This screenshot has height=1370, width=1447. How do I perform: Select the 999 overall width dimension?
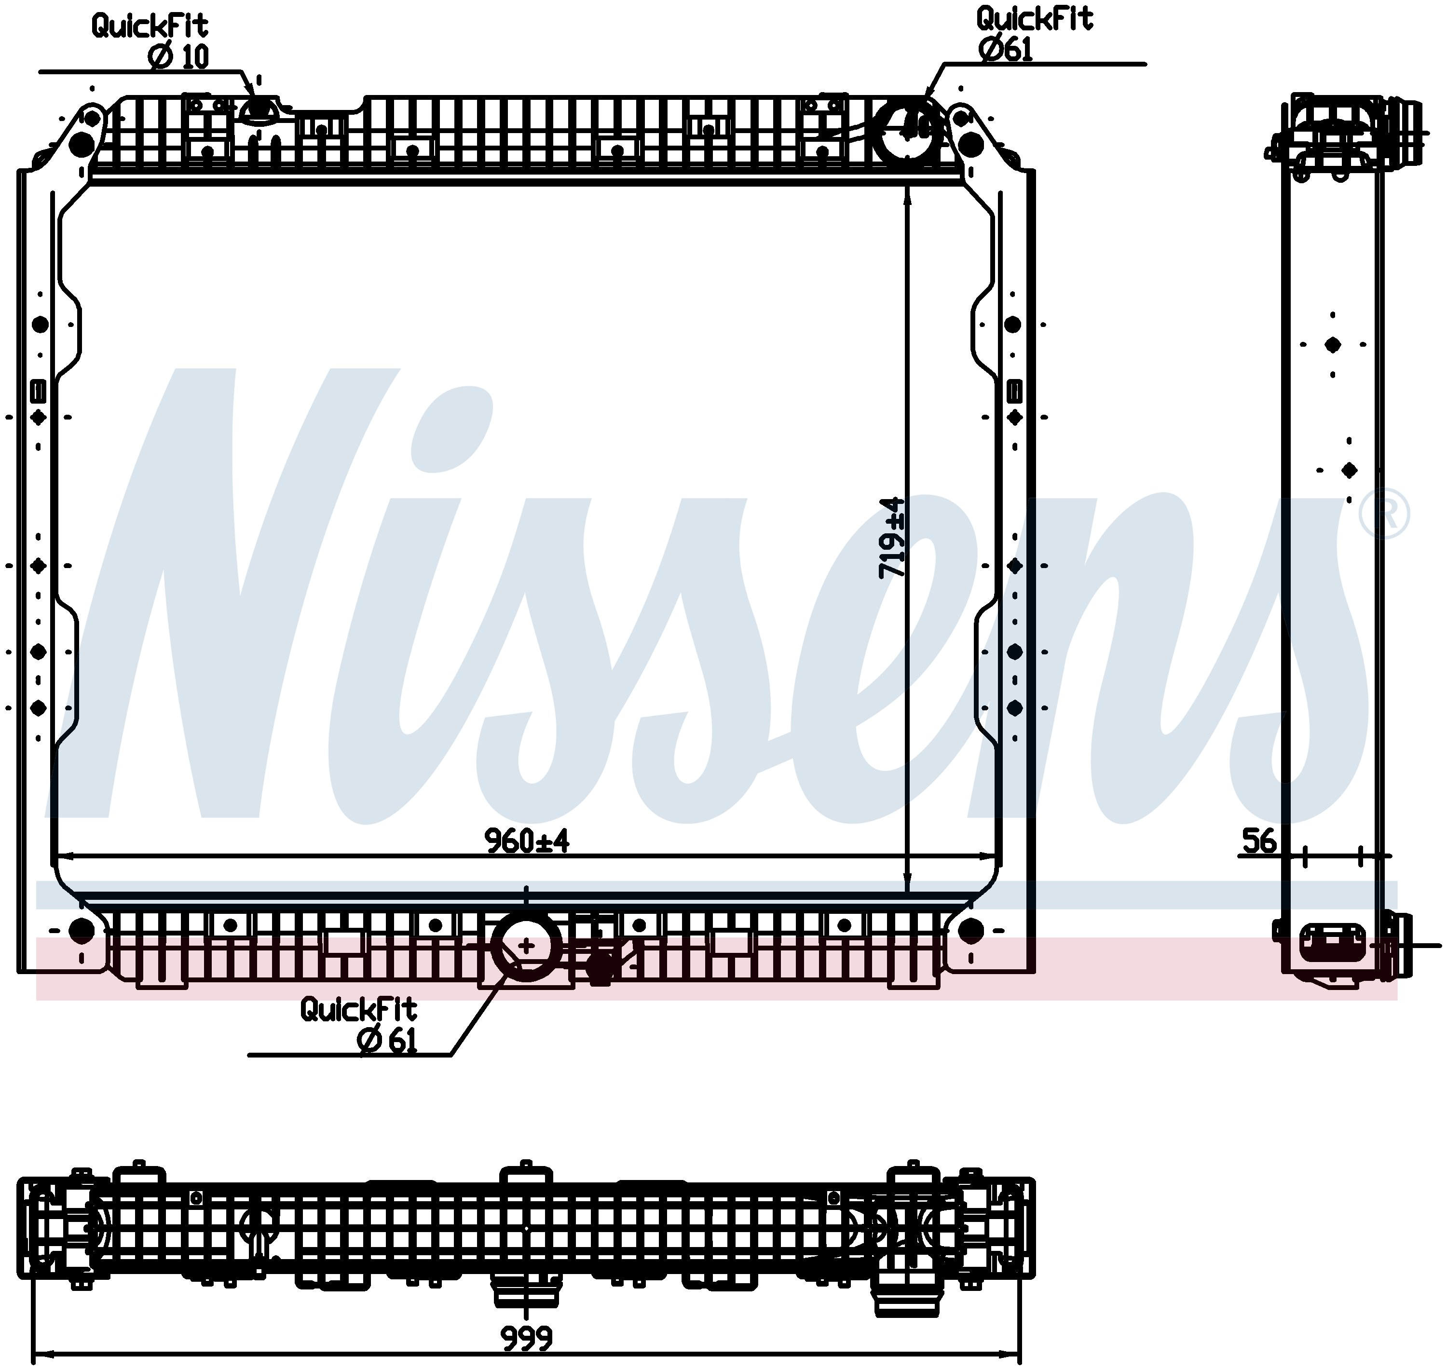click(x=527, y=1338)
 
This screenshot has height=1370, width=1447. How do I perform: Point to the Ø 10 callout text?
click(x=178, y=56)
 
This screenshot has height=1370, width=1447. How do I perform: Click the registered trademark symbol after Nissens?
click(x=1384, y=514)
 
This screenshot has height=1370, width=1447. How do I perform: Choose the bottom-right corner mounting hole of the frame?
click(x=970, y=930)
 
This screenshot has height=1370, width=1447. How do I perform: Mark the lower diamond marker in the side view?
click(x=1349, y=470)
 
